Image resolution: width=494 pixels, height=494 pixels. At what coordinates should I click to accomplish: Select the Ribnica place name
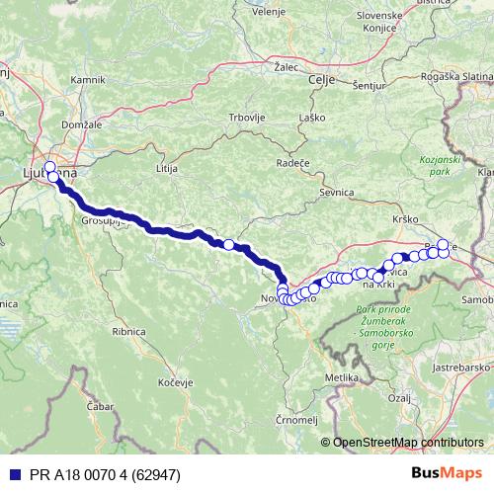click(x=129, y=332)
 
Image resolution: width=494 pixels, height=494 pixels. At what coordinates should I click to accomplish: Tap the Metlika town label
click(x=341, y=378)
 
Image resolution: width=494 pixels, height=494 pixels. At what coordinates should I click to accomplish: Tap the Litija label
click(x=166, y=169)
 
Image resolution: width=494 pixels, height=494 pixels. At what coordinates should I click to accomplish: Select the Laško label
click(x=312, y=118)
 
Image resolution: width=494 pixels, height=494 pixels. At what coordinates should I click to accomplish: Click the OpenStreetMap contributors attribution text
click(x=408, y=443)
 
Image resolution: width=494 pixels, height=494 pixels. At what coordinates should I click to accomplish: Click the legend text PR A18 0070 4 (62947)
click(x=90, y=473)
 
